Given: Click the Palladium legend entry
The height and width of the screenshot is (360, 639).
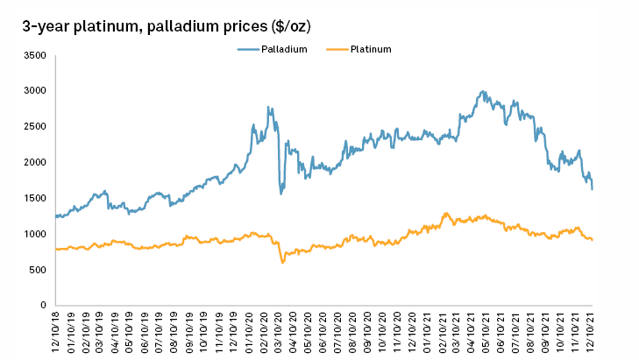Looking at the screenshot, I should (283, 49).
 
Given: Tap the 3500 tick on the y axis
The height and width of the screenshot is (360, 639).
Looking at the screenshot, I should (34, 55).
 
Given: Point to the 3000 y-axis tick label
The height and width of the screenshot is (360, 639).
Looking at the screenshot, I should (34, 91).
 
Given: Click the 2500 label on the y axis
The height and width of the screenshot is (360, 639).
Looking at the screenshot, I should (34, 127).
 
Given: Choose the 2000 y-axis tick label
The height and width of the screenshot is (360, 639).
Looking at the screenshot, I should (34, 163).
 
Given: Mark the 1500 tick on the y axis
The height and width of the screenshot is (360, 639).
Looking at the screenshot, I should (34, 199).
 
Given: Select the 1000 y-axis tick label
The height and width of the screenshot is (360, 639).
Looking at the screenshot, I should (34, 235).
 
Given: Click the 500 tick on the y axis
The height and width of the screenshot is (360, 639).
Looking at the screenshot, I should (37, 270).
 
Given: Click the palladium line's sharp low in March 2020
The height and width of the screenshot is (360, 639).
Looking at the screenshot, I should (281, 193).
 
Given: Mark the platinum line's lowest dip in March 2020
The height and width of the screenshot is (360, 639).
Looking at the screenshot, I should (282, 262).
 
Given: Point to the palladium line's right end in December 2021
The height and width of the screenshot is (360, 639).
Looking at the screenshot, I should (592, 188).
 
